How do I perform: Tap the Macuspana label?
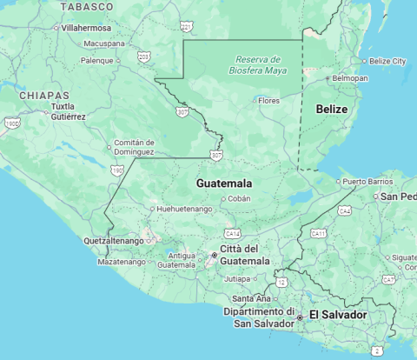tap(104, 43)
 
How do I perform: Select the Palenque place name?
tap(97, 60)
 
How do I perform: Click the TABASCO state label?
tap(87, 6)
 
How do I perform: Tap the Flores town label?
tap(269, 101)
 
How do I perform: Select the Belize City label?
tap(387, 61)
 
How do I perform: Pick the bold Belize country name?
tap(332, 109)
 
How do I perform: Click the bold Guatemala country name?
tap(224, 183)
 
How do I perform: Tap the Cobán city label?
tap(239, 198)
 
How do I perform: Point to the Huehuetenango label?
tap(184, 210)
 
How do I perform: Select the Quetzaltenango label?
tap(113, 240)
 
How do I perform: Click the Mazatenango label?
tap(121, 261)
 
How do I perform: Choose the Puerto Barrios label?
tap(367, 182)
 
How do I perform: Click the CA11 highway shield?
tap(319, 233)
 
